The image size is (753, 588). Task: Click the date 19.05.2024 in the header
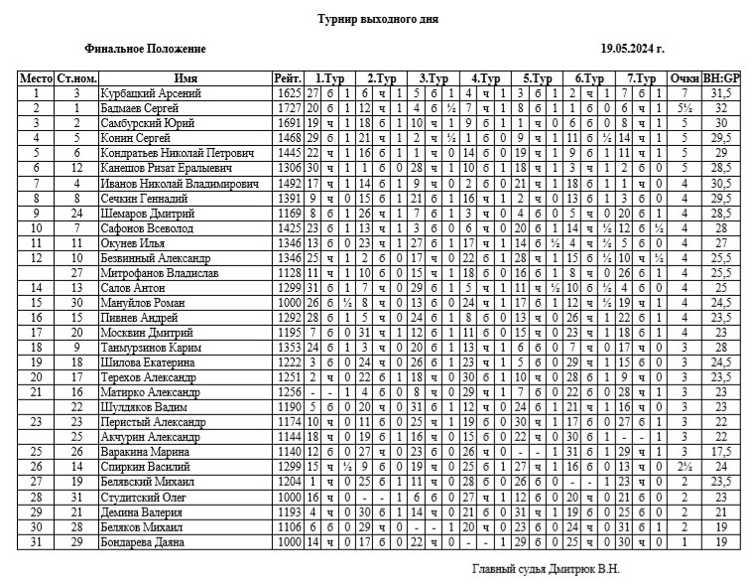click(632, 48)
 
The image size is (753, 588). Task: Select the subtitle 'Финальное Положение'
click(146, 48)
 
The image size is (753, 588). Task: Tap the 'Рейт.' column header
click(287, 78)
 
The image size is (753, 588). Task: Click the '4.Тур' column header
click(485, 78)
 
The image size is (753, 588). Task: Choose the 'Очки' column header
click(685, 78)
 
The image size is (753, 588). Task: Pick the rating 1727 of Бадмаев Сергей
click(287, 107)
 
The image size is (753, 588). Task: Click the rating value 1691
click(287, 123)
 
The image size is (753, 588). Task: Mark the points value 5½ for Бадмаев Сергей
click(685, 107)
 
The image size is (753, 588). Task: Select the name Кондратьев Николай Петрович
click(178, 154)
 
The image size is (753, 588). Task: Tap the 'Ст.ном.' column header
click(76, 78)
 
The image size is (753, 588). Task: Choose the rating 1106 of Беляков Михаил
click(287, 526)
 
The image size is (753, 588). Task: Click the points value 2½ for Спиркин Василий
click(685, 467)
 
